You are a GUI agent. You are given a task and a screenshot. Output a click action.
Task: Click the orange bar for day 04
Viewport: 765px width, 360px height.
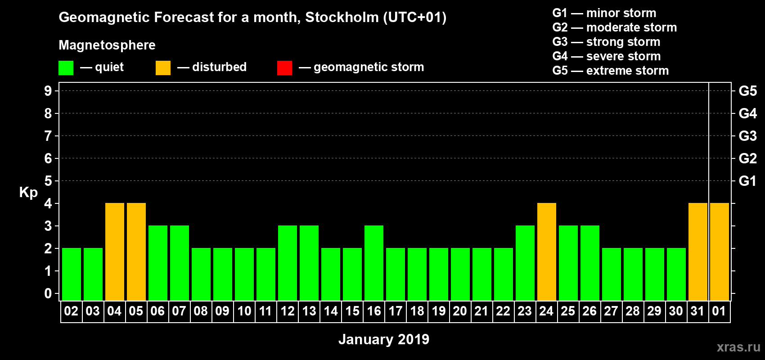tap(115, 252)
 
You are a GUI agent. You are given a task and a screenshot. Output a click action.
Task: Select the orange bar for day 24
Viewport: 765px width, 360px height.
tap(547, 252)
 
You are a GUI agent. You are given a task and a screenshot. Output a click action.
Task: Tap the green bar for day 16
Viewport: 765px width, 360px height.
tap(374, 263)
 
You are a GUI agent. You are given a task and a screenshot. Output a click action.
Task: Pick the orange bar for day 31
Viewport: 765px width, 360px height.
tap(698, 252)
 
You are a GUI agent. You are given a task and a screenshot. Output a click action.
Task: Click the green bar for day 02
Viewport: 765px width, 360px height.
tap(72, 274)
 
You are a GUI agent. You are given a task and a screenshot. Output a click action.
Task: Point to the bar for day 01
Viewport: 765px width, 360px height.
tap(720, 252)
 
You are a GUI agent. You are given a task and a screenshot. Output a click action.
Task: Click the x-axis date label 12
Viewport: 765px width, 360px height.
tap(288, 311)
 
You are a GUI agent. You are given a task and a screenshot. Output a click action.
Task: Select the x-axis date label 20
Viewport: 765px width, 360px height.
tap(460, 311)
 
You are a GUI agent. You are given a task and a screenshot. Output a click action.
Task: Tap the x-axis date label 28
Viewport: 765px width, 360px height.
tap(633, 311)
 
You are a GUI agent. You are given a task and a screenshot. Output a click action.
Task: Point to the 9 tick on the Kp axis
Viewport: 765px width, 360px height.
tap(48, 91)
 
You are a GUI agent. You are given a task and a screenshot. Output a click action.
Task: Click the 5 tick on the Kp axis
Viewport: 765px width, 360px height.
tap(48, 181)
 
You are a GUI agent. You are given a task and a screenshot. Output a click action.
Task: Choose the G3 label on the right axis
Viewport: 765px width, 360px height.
tap(747, 136)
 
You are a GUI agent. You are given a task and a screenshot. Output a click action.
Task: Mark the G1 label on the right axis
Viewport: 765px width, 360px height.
tap(747, 181)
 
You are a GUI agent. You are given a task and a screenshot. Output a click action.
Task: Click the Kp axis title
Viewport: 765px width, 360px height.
tap(28, 192)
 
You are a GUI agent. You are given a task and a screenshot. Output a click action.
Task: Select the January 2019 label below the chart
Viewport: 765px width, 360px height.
tap(383, 339)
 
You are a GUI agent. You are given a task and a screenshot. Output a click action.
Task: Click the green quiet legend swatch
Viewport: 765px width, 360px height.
tap(66, 68)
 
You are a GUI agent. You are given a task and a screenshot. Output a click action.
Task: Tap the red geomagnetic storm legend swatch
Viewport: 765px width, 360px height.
tap(284, 68)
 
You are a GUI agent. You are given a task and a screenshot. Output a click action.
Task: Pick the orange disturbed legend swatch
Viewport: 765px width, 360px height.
tap(163, 68)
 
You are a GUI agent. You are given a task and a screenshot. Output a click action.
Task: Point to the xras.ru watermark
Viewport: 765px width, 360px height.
tap(738, 347)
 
